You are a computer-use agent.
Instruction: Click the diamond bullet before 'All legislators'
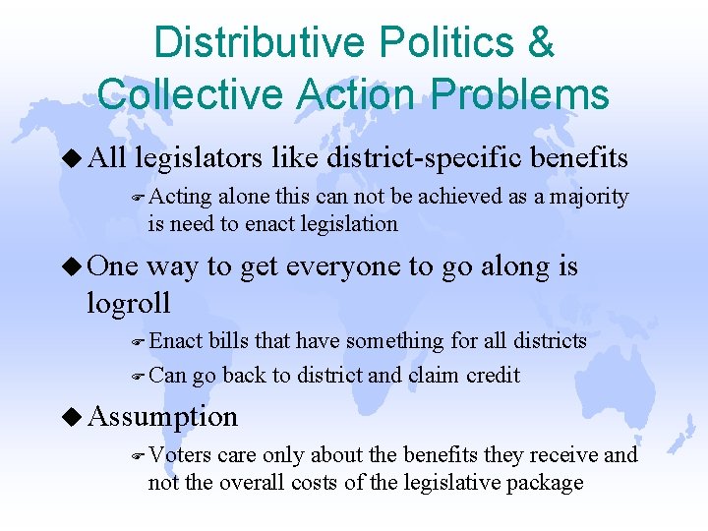click(x=73, y=156)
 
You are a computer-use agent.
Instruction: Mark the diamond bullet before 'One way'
click(x=73, y=266)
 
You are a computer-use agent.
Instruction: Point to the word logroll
click(x=129, y=301)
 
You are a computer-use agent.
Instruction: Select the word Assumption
click(x=162, y=417)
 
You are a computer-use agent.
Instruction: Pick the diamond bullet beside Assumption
click(x=73, y=416)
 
